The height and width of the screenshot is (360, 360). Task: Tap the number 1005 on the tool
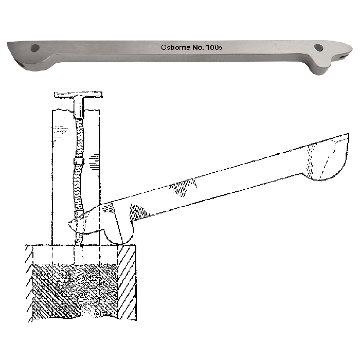[x=212, y=47]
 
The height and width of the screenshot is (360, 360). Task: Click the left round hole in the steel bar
[x=35, y=48]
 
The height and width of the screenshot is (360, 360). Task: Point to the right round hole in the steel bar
[x=319, y=47]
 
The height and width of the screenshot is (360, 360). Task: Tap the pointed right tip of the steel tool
[x=351, y=50]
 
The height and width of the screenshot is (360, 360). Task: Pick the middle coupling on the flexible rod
[x=78, y=160]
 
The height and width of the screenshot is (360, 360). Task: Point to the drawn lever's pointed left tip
[x=70, y=223]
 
